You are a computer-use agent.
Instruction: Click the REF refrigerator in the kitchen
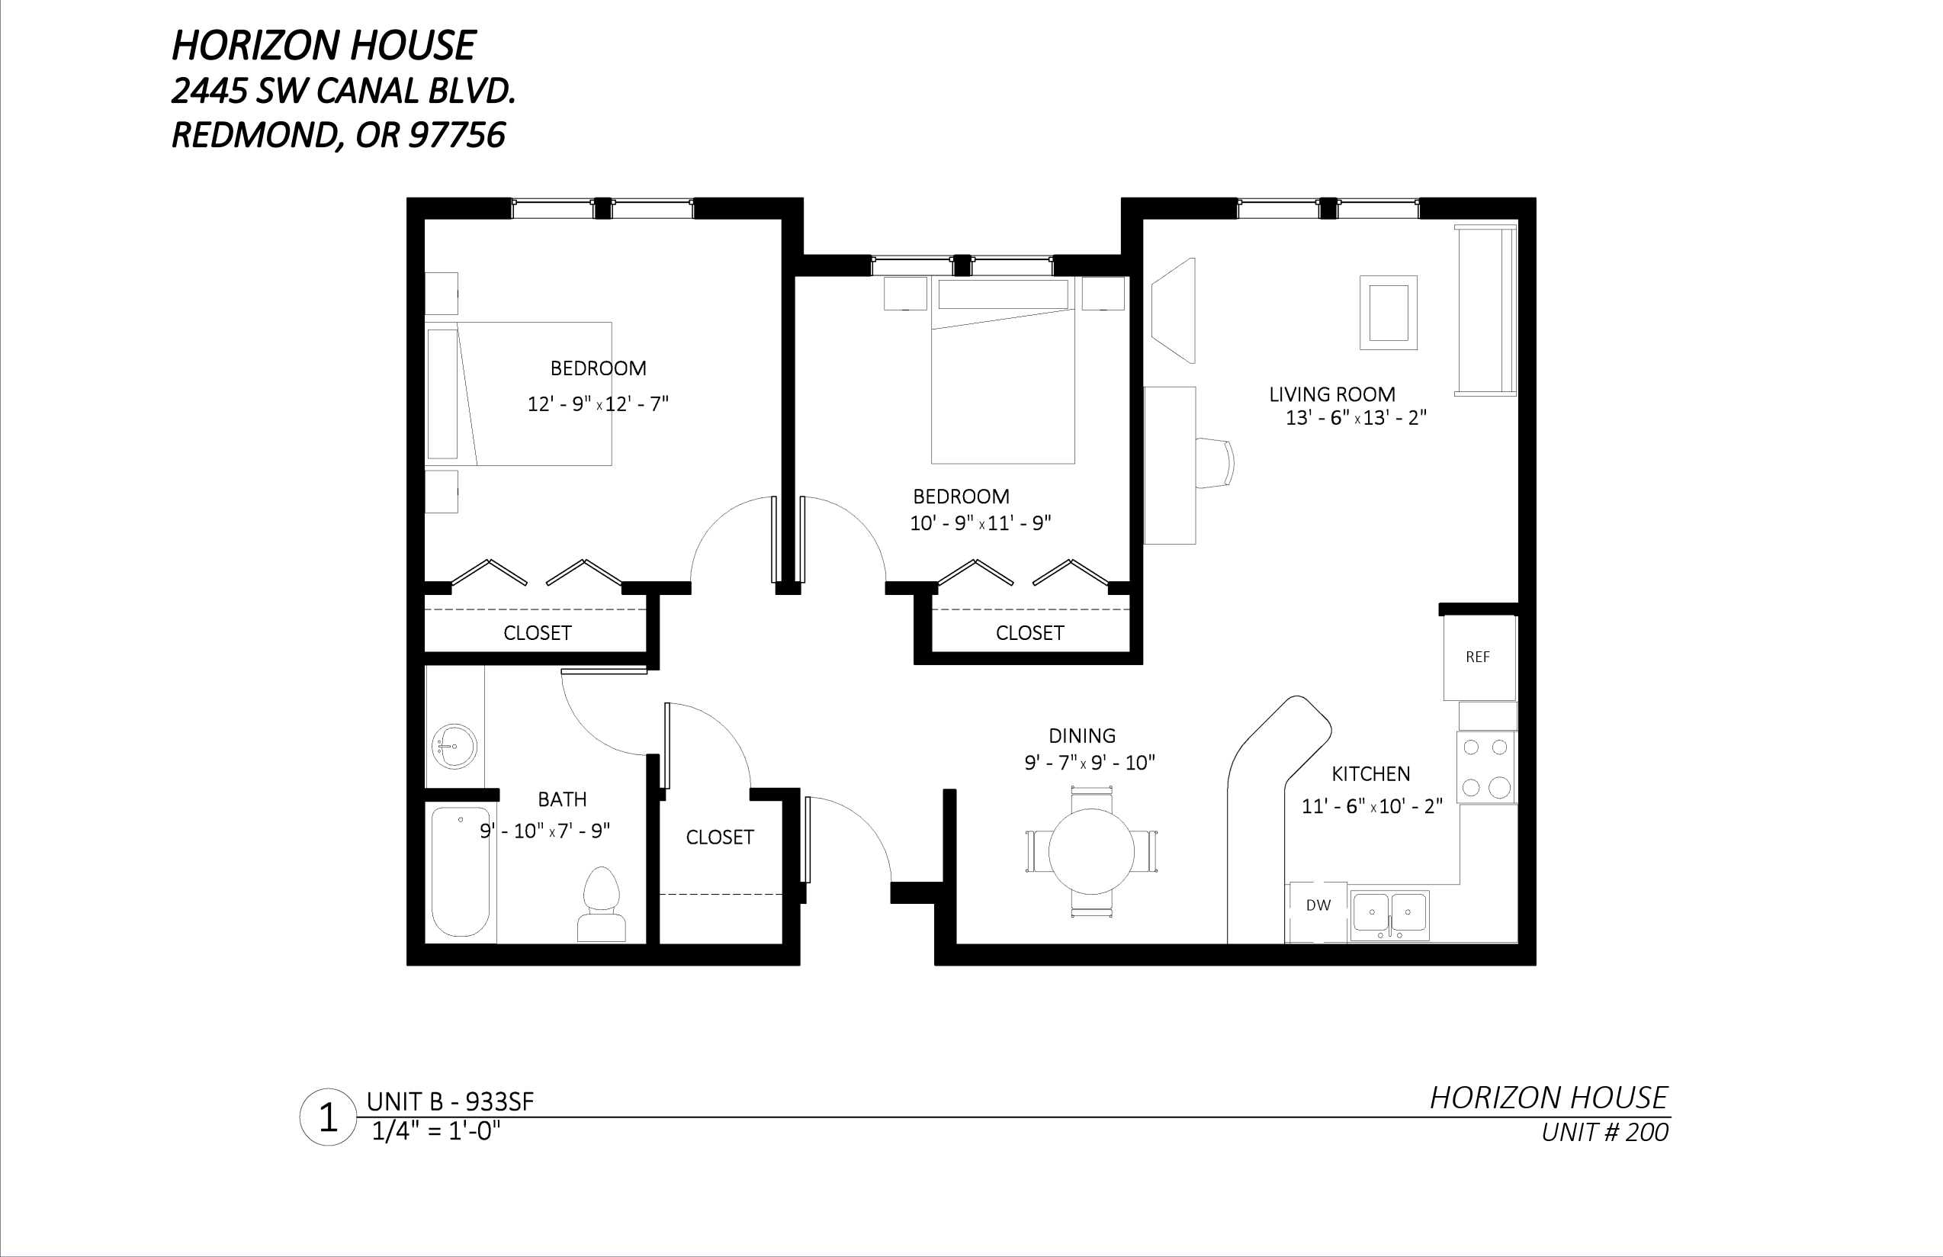(x=1479, y=657)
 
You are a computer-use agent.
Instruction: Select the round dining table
(x=1091, y=851)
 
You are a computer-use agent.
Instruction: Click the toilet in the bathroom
(x=602, y=905)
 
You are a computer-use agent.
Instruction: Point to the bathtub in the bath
(x=461, y=872)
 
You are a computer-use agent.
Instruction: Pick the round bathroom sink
(x=454, y=746)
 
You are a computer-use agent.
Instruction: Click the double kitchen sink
(x=1389, y=915)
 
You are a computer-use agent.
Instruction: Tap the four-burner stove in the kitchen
(x=1486, y=767)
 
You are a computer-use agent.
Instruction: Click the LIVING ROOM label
(x=1331, y=394)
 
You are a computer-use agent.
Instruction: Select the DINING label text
(x=1082, y=735)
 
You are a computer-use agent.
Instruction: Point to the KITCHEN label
(x=1371, y=773)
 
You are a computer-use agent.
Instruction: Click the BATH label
(x=562, y=799)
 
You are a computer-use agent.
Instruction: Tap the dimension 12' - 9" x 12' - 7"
(x=598, y=404)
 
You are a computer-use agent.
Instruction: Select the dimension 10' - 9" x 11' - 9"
(x=980, y=523)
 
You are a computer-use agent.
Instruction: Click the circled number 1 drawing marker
(x=328, y=1117)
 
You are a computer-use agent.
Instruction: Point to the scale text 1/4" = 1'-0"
(x=435, y=1132)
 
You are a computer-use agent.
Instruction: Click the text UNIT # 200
(x=1604, y=1132)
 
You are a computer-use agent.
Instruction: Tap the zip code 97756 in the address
(x=456, y=135)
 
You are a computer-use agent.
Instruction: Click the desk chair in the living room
(x=1215, y=463)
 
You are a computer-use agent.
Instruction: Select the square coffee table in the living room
(x=1388, y=313)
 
